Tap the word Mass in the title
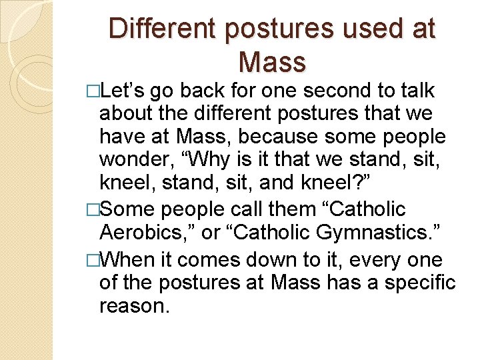(271, 62)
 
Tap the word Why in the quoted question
(212, 160)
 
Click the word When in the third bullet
(129, 258)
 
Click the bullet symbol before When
(101, 259)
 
